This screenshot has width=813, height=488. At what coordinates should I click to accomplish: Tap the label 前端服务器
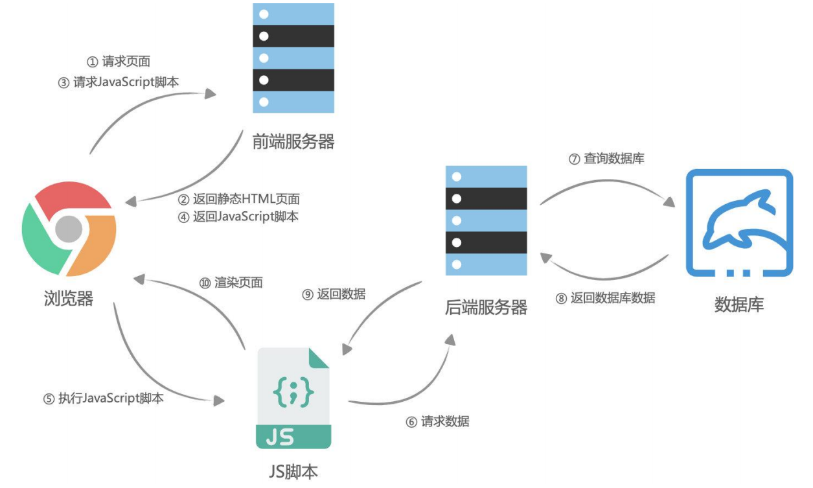293,142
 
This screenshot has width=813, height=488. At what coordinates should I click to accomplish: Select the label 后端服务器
486,307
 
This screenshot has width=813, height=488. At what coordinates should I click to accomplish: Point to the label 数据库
739,305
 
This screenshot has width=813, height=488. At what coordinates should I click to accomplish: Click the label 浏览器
69,298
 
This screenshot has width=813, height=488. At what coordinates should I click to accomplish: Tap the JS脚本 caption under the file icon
293,471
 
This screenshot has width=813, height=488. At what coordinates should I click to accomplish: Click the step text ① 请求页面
119,62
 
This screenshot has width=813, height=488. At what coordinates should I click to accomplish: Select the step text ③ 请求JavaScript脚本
119,83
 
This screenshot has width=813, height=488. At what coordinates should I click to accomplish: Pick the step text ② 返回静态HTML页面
239,199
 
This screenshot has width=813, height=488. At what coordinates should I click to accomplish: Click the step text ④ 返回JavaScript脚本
238,217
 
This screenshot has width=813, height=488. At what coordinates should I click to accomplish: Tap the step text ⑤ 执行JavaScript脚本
104,399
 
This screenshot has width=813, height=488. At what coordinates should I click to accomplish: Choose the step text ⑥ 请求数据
437,421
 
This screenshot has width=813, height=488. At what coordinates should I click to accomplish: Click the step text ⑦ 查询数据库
606,158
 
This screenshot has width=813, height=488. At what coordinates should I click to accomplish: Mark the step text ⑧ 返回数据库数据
605,298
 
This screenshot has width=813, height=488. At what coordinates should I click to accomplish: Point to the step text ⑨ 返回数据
334,294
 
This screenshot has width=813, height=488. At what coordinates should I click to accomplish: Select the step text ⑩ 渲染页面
231,283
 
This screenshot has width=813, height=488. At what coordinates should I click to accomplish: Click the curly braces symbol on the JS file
293,393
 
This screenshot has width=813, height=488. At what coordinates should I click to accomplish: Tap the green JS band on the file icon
293,437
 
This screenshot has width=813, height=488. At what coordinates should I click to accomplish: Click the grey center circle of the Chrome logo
69,229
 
